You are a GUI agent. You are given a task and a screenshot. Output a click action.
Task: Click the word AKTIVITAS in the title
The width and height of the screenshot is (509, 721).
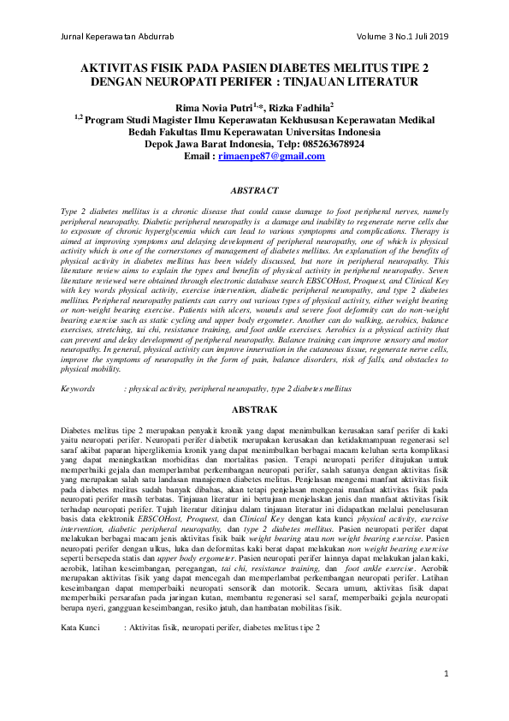click(115, 68)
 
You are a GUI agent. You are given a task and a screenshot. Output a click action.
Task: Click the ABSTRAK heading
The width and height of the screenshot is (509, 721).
click(255, 409)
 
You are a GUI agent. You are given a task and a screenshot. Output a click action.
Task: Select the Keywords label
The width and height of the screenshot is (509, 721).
click(78, 389)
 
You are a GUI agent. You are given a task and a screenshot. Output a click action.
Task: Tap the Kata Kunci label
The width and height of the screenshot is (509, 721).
click(82, 604)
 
